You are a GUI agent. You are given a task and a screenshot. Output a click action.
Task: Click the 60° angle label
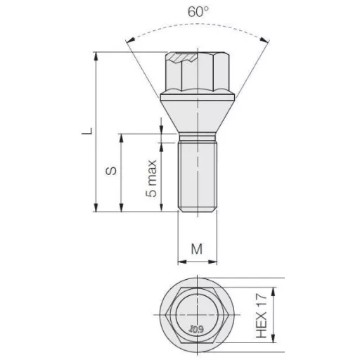(x=199, y=12)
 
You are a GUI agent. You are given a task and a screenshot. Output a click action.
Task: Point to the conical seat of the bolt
(x=198, y=112)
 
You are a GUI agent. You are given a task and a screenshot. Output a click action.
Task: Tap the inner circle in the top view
(x=198, y=314)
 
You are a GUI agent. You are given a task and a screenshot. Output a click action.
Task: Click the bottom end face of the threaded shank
(x=198, y=210)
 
